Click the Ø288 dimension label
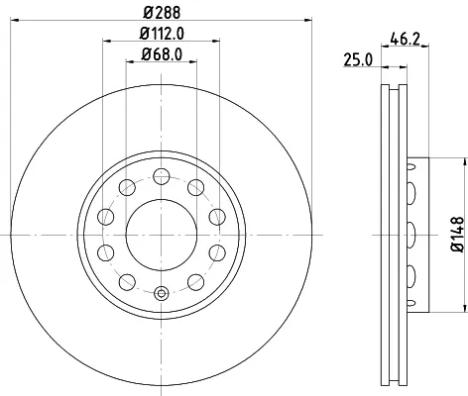pyautogui.click(x=161, y=13)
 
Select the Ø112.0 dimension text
pyautogui.click(x=161, y=35)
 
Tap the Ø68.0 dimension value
pyautogui.click(x=161, y=53)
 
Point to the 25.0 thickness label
pyautogui.click(x=359, y=60)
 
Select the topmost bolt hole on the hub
pyautogui.click(x=162, y=175)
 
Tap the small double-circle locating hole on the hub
pyautogui.click(x=162, y=293)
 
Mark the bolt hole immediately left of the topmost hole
pyautogui.click(x=127, y=187)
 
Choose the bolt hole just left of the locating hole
pyautogui.click(x=127, y=282)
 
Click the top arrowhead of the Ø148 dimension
pyautogui.click(x=444, y=161)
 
